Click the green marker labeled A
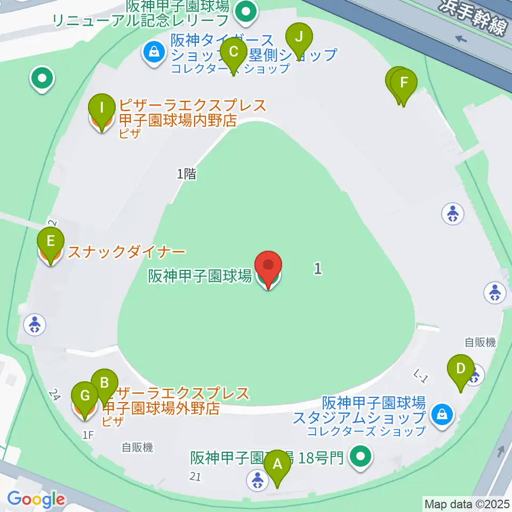click(277, 464)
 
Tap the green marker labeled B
click(105, 383)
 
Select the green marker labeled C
click(233, 52)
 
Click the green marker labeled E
click(51, 242)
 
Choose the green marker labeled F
click(404, 83)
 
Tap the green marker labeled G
click(85, 396)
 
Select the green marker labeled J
click(299, 37)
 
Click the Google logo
click(36, 500)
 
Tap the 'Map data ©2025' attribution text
click(467, 503)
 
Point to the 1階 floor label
click(187, 173)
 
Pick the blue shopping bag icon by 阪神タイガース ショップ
click(154, 52)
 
